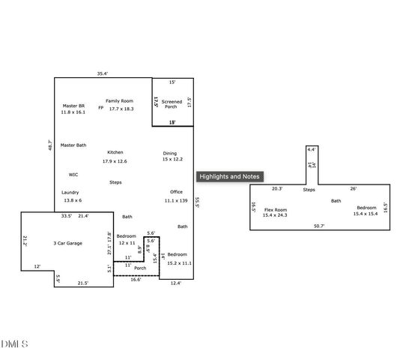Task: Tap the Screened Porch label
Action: click(172, 103)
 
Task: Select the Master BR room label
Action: click(73, 109)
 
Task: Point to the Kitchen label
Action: click(115, 156)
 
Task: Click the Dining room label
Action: click(172, 156)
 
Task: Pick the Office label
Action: click(176, 196)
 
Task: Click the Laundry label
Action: click(71, 196)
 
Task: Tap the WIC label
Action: click(73, 174)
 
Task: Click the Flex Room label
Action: click(276, 212)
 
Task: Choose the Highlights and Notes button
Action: click(229, 176)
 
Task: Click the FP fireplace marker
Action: click(100, 107)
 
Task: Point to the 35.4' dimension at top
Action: click(103, 73)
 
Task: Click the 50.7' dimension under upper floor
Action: click(319, 226)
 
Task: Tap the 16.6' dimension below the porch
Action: click(136, 279)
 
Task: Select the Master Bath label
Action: click(73, 145)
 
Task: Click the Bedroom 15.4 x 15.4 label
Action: click(366, 211)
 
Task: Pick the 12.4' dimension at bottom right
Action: click(176, 283)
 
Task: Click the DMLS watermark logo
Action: click(15, 344)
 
